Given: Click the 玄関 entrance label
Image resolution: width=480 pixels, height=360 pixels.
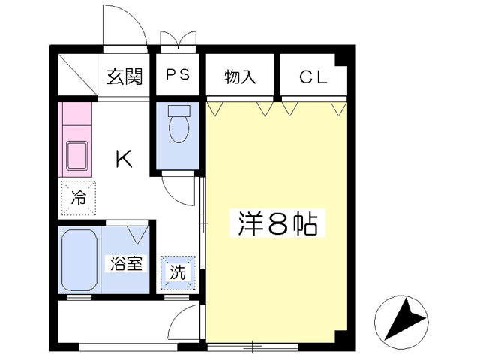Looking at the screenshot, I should (124, 76).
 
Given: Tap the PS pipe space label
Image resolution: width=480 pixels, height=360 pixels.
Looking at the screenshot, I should (178, 76).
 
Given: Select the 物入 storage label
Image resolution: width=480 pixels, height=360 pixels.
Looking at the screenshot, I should (240, 76).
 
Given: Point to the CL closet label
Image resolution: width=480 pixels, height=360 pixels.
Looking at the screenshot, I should (313, 76).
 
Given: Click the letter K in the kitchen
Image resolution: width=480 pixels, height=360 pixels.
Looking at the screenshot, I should (124, 159).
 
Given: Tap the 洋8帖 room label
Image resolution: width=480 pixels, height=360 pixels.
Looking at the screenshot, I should (277, 223).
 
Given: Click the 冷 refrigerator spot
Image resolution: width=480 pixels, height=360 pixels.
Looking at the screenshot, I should (78, 198).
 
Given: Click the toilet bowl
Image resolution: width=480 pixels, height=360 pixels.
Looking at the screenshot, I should (178, 127).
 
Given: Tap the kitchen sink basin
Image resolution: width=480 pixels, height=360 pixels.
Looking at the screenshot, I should (77, 156).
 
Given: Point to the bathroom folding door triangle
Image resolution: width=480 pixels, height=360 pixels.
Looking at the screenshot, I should (137, 233).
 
